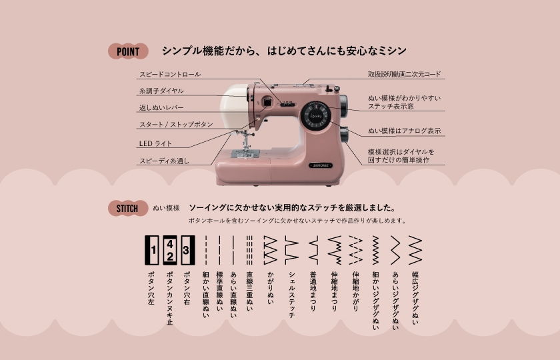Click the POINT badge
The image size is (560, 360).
[128, 51]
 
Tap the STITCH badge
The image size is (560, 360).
[127, 208]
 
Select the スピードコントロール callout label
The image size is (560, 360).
[169, 74]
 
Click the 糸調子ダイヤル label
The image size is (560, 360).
[161, 91]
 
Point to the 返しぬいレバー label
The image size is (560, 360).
[161, 107]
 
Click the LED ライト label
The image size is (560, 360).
[155, 143]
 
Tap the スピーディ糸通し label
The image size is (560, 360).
[164, 161]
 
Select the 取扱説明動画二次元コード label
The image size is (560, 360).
[404, 74]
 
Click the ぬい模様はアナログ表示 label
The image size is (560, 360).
[404, 131]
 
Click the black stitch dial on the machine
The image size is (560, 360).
[313, 117]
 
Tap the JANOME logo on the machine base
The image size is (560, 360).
[319, 164]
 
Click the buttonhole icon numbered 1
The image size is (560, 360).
[153, 250]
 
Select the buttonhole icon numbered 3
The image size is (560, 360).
[187, 250]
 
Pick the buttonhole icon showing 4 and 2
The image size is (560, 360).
[170, 250]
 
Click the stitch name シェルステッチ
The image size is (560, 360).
[292, 293]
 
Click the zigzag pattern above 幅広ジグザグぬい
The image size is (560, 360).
[415, 250]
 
